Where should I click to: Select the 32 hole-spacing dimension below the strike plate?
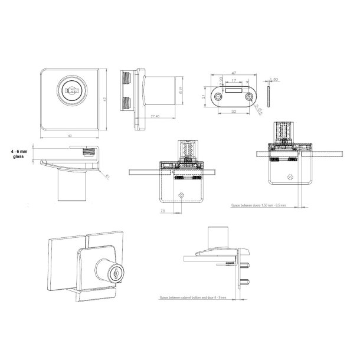(x=235, y=110)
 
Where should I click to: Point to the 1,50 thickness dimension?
(x=275, y=78)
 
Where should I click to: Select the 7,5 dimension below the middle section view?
(x=162, y=208)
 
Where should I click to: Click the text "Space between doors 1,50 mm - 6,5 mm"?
(x=258, y=207)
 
